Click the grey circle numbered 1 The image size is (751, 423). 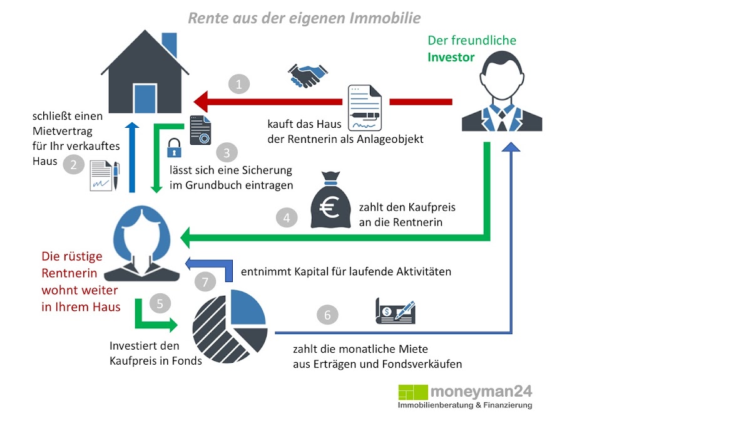point(238,83)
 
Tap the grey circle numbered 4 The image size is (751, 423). point(286,218)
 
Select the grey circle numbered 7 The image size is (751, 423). point(205,281)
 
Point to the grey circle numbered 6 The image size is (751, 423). point(327,315)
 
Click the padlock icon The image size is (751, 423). point(173,149)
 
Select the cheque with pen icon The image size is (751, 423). point(395,311)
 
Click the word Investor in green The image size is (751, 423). point(451,58)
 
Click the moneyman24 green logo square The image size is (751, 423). point(413,393)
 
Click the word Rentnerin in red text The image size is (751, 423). point(69,273)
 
